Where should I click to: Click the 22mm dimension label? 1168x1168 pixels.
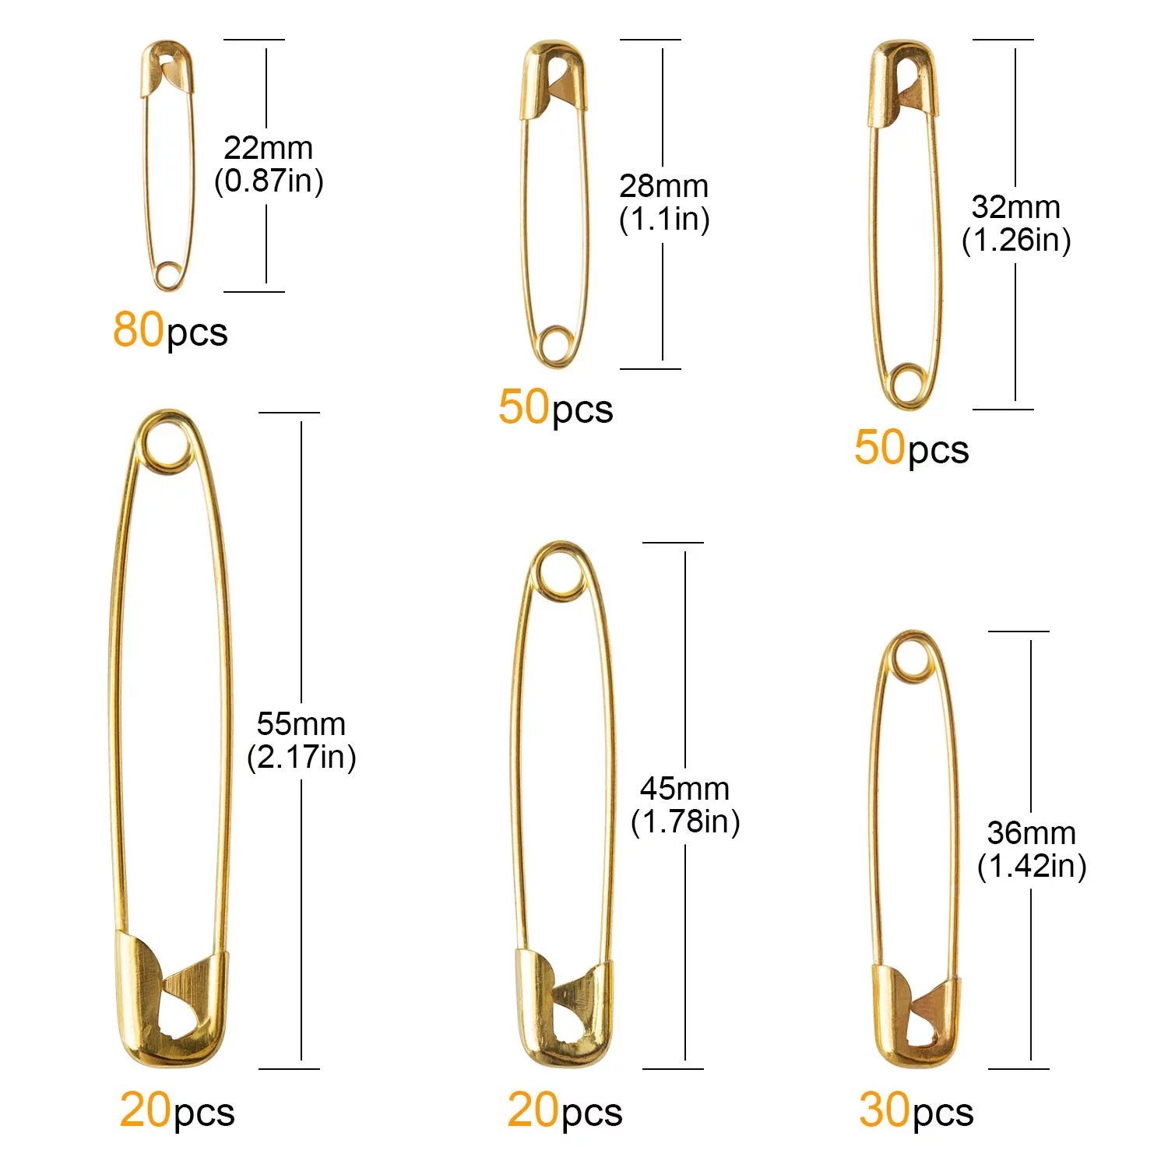(268, 147)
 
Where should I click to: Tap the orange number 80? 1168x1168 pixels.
(139, 329)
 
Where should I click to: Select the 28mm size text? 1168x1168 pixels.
(664, 186)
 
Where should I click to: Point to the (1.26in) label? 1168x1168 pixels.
(1016, 240)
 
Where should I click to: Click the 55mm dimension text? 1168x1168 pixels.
(301, 724)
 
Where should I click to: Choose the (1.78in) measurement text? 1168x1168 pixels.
(685, 821)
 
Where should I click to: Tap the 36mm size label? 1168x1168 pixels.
(1032, 833)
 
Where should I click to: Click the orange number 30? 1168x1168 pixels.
(885, 1110)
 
